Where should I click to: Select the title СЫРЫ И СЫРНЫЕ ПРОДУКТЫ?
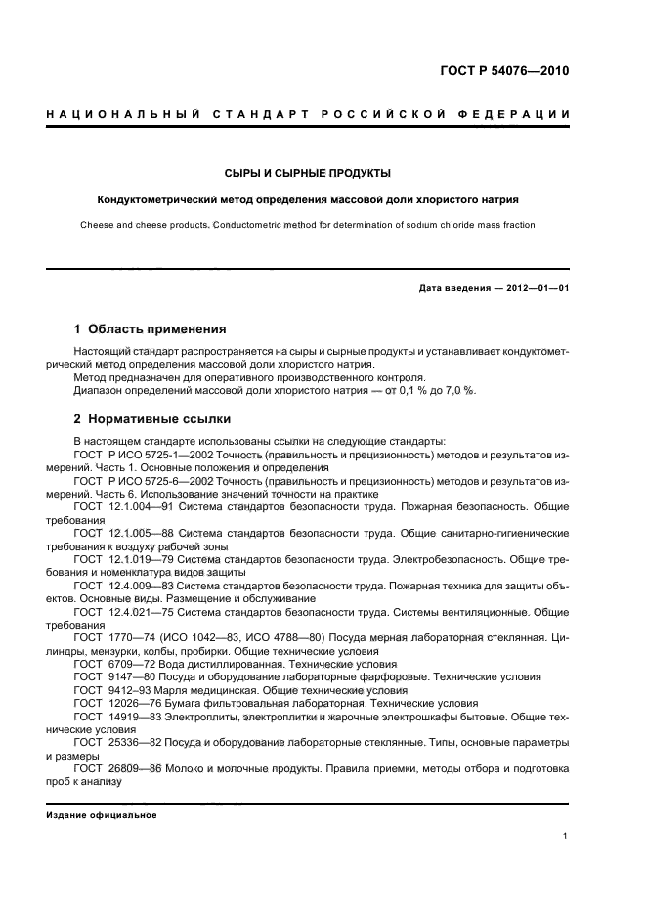pos(307,173)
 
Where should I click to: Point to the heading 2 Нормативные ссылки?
pos(152,419)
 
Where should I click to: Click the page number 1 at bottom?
pos(566,836)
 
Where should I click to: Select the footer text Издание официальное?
pos(102,814)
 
